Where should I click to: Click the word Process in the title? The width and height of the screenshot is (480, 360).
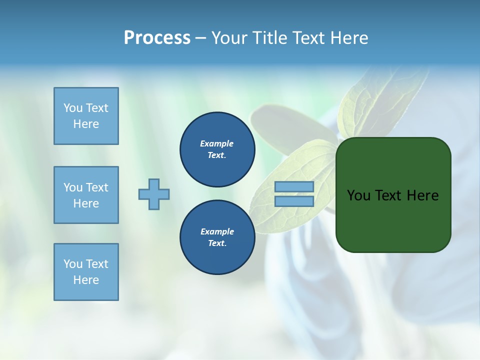157,38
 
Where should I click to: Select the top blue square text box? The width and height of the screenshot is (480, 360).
86,116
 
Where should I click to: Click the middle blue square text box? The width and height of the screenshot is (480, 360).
86,195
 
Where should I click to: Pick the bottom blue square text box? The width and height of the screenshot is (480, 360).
86,272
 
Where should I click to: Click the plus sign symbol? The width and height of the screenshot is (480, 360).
154,194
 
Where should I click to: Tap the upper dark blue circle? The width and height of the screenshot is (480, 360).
217,149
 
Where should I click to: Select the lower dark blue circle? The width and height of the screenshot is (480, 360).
217,237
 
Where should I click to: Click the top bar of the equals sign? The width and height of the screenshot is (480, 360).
294,186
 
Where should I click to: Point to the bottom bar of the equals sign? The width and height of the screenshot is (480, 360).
294,201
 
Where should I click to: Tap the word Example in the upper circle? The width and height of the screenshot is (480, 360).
217,143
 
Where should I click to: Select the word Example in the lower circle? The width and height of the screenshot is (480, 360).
217,231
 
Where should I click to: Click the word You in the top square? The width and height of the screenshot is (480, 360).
73,108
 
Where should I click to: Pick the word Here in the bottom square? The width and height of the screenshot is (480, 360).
86,280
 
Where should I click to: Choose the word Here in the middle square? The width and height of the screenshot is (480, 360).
86,203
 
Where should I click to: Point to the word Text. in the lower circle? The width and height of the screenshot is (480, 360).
217,243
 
